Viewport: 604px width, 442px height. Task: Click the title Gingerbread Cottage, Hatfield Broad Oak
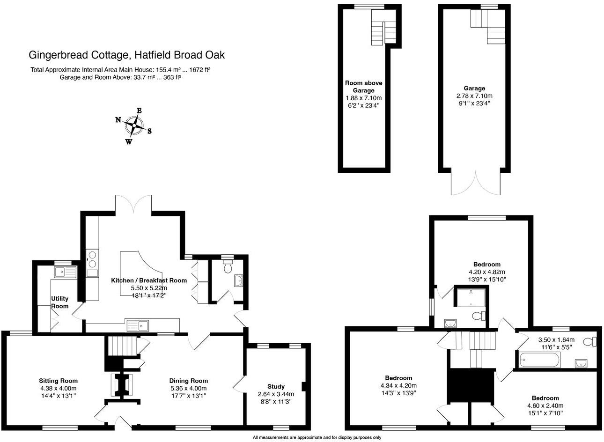click(x=127, y=55)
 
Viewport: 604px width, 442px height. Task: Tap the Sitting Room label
click(x=58, y=381)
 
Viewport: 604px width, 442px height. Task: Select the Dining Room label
click(x=188, y=381)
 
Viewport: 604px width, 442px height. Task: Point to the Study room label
click(x=276, y=386)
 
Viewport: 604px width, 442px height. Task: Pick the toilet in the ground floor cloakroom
click(x=228, y=267)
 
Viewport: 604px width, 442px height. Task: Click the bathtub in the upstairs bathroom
click(x=539, y=361)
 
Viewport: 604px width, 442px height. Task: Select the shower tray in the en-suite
click(x=470, y=297)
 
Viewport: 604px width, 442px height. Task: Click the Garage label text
click(x=474, y=88)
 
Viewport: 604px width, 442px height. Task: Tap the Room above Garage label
click(x=363, y=86)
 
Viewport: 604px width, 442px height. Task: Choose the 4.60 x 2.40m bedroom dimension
click(x=545, y=405)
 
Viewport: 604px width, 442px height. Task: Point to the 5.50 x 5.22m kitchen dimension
click(x=148, y=288)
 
